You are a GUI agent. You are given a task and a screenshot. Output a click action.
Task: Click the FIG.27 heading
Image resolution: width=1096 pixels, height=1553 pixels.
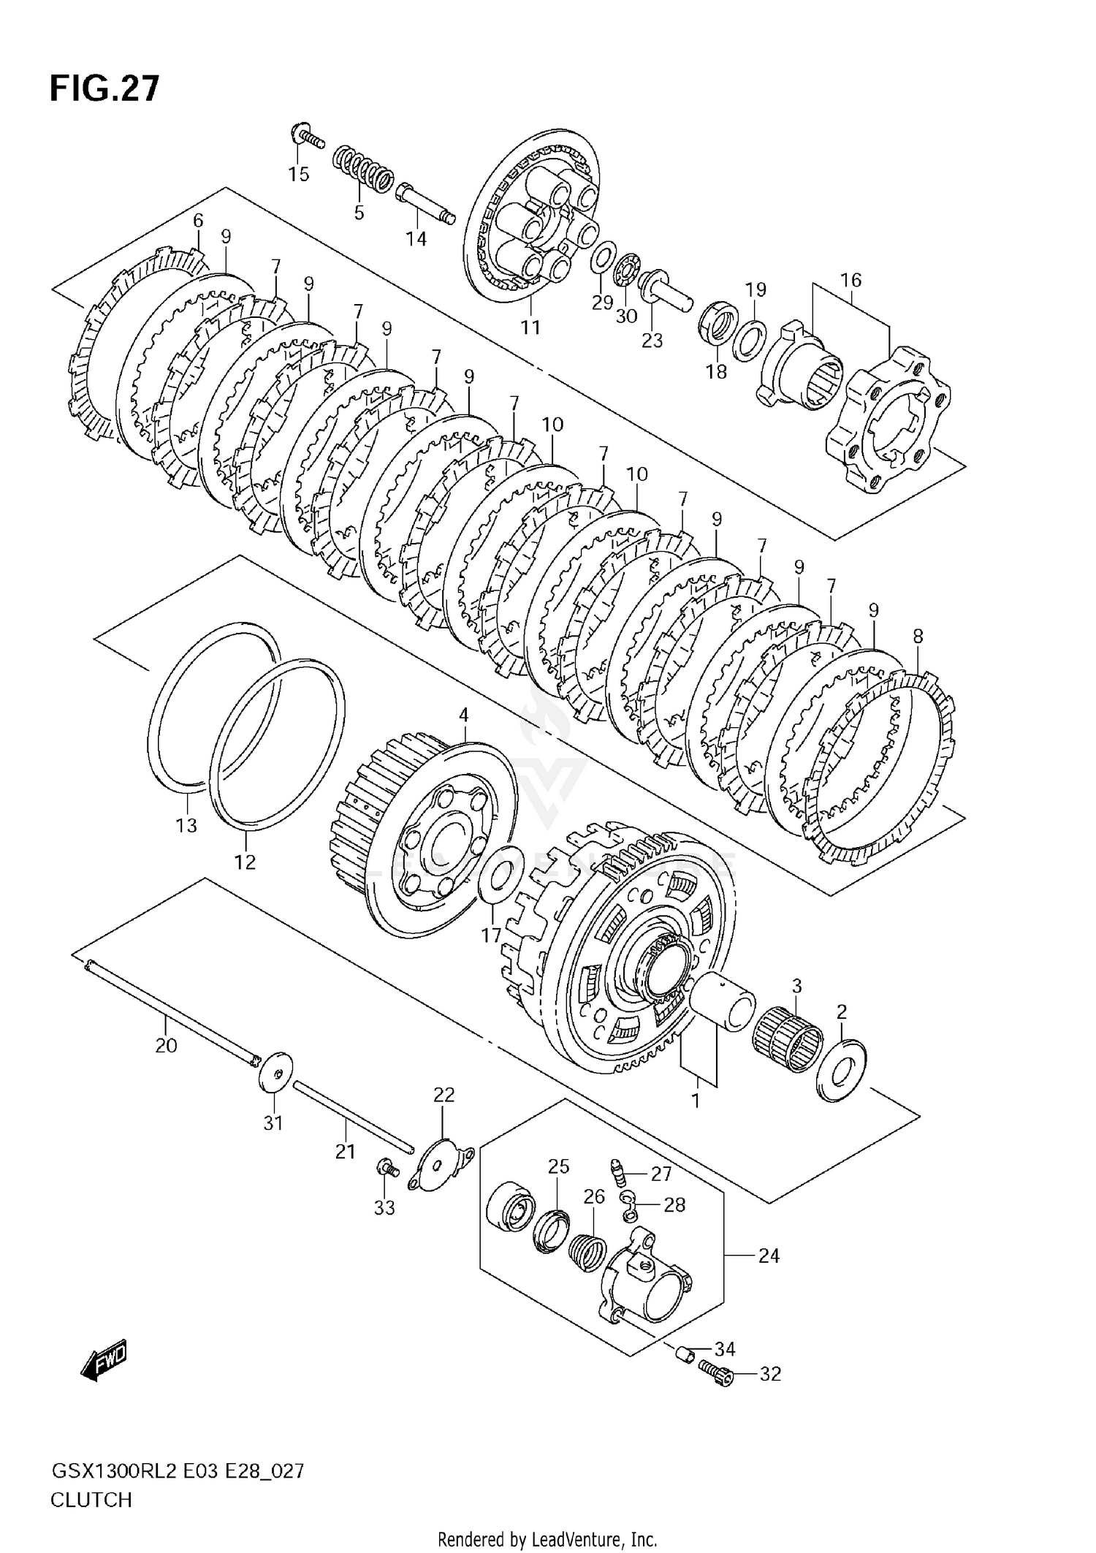104,88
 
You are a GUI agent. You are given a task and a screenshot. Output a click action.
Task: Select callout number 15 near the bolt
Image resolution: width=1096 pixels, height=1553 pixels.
298,174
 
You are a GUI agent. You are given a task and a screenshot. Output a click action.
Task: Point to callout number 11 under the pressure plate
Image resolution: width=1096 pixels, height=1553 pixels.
530,327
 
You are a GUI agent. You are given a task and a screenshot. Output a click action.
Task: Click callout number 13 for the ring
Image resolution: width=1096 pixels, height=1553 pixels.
186,825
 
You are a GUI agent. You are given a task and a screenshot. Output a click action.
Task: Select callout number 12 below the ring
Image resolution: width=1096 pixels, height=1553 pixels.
245,862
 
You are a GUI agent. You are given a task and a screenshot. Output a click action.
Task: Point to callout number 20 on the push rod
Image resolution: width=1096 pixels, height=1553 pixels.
166,1045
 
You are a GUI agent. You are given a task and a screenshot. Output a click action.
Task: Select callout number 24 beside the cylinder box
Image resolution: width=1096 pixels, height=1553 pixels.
769,1256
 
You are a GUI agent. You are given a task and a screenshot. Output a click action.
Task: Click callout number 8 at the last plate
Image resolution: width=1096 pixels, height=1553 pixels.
918,636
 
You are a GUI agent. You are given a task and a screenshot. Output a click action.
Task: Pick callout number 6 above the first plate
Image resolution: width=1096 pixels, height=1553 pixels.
198,220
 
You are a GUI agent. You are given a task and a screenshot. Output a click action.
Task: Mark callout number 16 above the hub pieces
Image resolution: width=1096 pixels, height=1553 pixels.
851,280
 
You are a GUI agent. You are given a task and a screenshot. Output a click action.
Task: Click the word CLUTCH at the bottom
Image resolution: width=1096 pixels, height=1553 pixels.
91,1500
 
